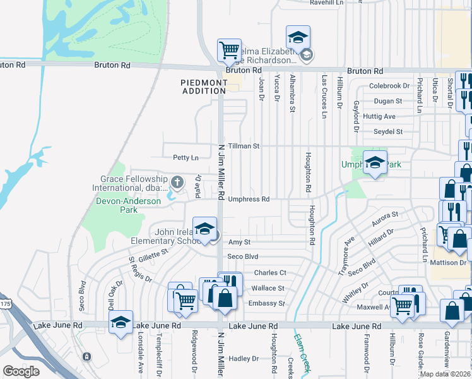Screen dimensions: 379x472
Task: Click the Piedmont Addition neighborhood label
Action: (203, 87)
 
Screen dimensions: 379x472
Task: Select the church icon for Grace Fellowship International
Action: (177, 183)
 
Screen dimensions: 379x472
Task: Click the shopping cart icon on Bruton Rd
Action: (228, 50)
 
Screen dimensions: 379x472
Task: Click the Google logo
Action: (21, 371)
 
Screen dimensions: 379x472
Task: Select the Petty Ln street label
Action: (186, 157)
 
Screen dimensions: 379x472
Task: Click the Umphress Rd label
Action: (249, 199)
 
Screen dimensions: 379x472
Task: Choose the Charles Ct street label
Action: (270, 273)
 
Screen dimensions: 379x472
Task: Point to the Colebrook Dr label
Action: (389, 86)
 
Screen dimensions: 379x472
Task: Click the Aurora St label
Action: (385, 217)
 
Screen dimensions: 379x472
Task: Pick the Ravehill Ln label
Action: (326, 3)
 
